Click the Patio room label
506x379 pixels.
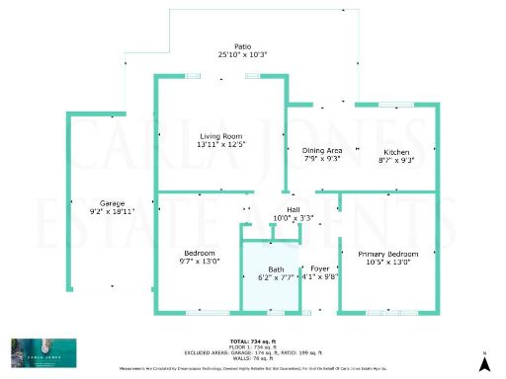click(243, 46)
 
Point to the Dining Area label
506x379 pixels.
click(321, 149)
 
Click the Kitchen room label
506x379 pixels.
click(397, 151)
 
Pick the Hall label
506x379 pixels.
click(294, 209)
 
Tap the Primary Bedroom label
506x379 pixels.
click(387, 254)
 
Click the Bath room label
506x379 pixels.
click(276, 269)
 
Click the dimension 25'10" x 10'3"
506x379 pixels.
click(243, 54)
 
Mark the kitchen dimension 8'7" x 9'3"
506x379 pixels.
click(397, 159)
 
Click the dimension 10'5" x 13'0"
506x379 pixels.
click(387, 262)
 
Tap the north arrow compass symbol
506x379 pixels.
click(483, 363)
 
